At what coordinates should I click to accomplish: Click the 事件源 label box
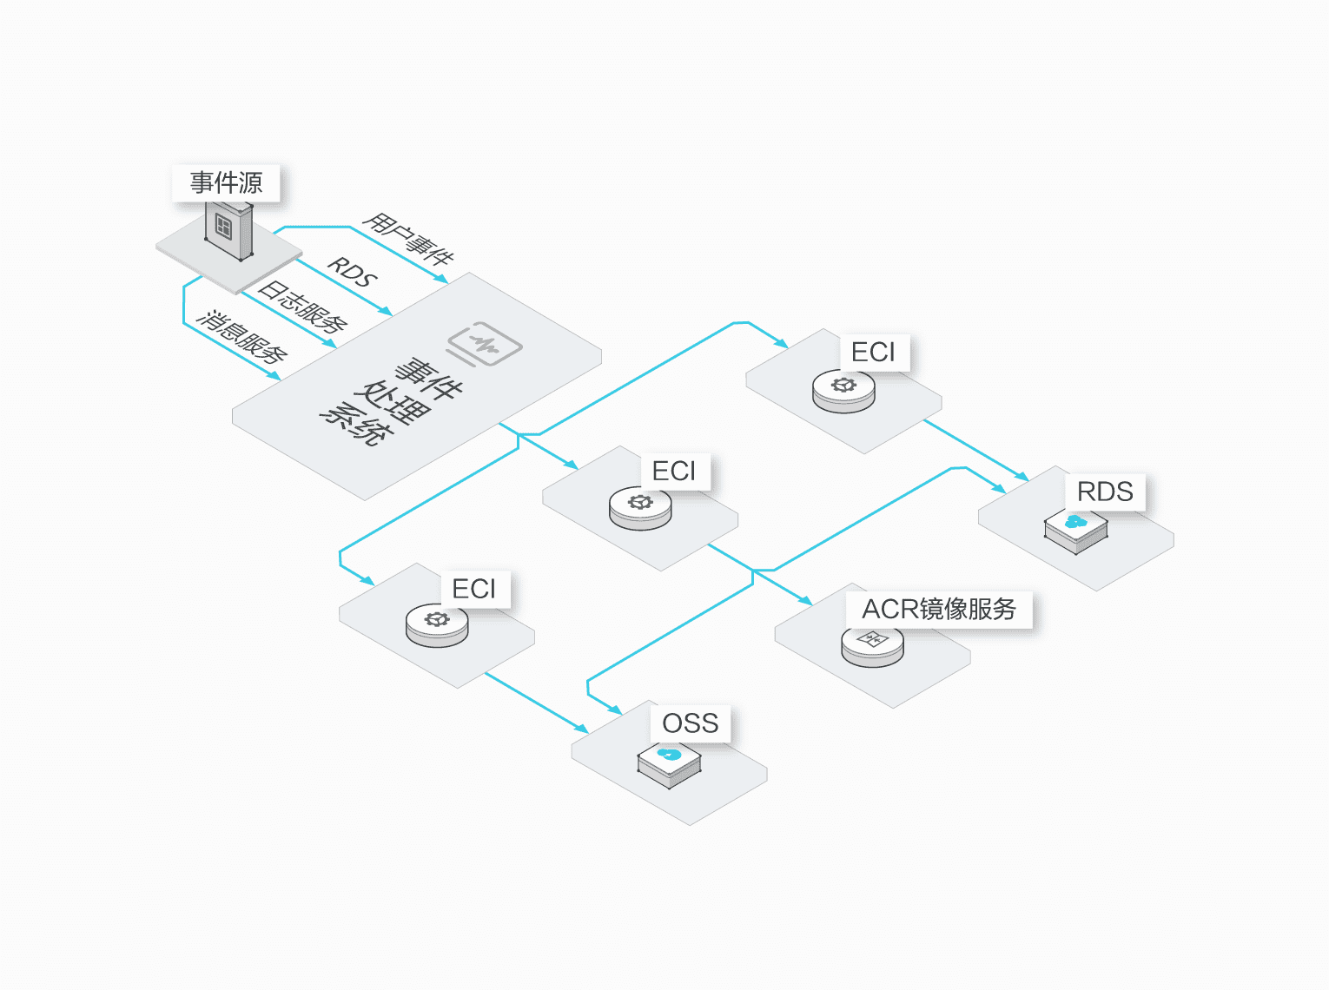pyautogui.click(x=226, y=183)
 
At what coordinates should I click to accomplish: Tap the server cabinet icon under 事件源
pyautogui.click(x=228, y=230)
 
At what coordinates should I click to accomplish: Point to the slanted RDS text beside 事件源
pyautogui.click(x=352, y=273)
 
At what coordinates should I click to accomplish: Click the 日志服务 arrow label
pyautogui.click(x=303, y=307)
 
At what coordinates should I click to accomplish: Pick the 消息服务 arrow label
pyautogui.click(x=242, y=336)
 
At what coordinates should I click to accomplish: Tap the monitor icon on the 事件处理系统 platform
pyautogui.click(x=485, y=345)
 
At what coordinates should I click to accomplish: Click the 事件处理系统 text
pyautogui.click(x=392, y=400)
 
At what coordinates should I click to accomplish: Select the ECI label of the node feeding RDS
pyautogui.click(x=873, y=353)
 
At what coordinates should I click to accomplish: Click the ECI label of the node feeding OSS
pyautogui.click(x=474, y=589)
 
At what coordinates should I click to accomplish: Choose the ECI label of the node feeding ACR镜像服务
pyautogui.click(x=674, y=471)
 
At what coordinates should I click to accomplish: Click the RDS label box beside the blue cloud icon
pyautogui.click(x=1105, y=492)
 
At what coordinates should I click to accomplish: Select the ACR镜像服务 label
pyautogui.click(x=938, y=609)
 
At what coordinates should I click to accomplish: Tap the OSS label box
pyautogui.click(x=691, y=723)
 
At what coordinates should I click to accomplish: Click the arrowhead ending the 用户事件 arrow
pyautogui.click(x=443, y=280)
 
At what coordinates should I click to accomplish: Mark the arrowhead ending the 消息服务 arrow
pyautogui.click(x=275, y=376)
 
